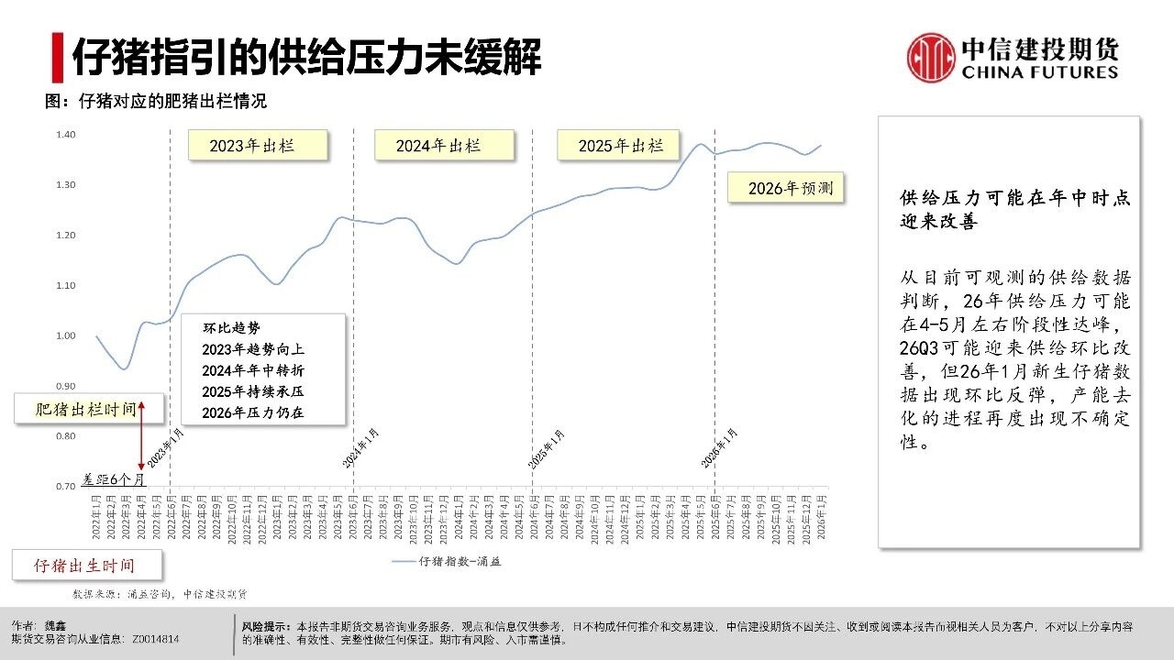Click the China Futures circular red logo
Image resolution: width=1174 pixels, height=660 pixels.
[x=931, y=57]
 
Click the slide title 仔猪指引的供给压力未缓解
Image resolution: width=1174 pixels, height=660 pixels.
[x=306, y=57]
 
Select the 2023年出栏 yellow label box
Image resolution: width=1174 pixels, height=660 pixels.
[x=258, y=146]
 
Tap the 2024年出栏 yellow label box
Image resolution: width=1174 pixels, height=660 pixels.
[x=444, y=146]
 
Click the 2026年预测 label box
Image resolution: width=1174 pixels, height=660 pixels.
[x=785, y=188]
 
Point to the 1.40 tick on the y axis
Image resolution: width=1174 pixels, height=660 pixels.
[x=65, y=135]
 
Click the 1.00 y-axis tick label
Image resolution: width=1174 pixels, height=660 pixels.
[x=65, y=335]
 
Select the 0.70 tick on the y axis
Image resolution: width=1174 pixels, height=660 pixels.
[x=65, y=486]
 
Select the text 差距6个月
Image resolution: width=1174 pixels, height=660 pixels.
[x=112, y=478]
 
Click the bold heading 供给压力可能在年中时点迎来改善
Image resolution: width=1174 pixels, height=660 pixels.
[x=1014, y=210]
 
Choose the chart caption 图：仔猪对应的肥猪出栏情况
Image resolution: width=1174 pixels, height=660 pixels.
[x=156, y=102]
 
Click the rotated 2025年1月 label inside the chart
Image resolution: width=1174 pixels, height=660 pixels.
[x=548, y=448]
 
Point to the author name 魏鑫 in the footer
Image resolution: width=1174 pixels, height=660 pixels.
[x=57, y=626]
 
